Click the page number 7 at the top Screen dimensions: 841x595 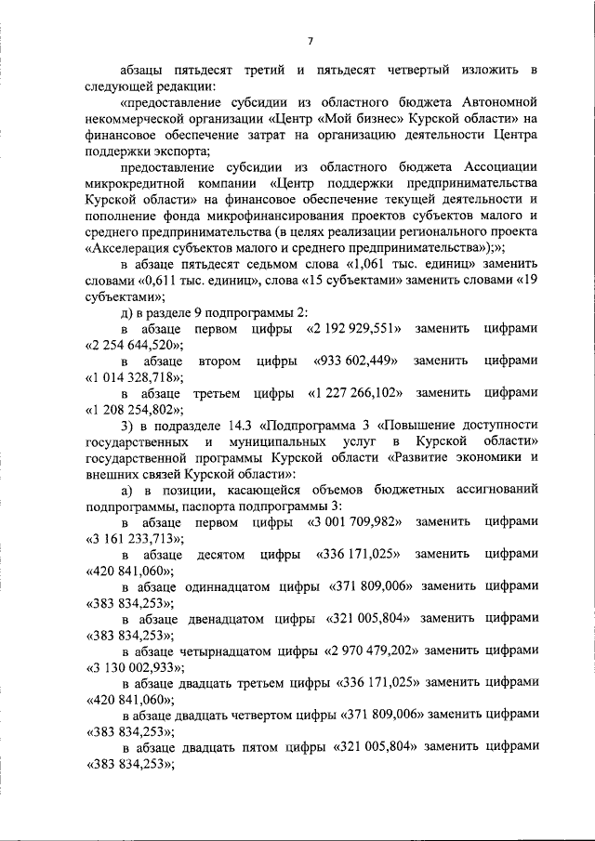(x=311, y=40)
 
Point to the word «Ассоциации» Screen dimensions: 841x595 (x=496, y=166)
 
